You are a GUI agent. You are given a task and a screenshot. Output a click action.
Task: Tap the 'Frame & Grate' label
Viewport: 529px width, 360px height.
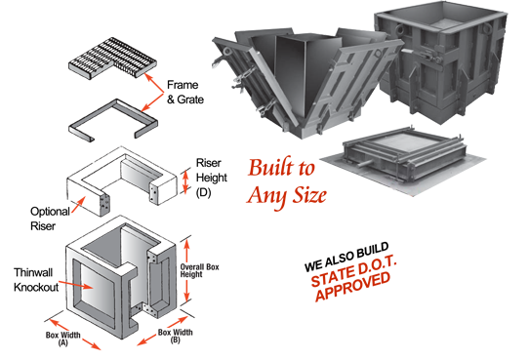(x=185, y=92)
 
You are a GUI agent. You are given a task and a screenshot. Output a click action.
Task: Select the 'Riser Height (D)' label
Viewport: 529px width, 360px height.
(x=212, y=178)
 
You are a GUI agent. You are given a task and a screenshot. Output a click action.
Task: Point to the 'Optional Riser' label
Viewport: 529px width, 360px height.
(x=50, y=219)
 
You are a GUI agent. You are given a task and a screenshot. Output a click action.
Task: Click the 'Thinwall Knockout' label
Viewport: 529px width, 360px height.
(x=36, y=280)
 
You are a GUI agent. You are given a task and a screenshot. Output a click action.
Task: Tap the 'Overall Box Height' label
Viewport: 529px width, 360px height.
(x=199, y=270)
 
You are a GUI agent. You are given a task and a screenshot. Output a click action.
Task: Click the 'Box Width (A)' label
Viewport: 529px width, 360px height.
(x=63, y=339)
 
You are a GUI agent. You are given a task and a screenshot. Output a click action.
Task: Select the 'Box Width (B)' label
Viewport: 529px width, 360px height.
(x=175, y=336)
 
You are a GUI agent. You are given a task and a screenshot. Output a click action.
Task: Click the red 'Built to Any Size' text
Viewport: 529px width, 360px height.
(x=286, y=182)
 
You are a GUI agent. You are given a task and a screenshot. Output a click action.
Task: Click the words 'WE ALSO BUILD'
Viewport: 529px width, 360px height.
(x=346, y=257)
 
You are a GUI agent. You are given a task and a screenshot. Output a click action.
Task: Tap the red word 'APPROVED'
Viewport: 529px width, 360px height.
(x=353, y=286)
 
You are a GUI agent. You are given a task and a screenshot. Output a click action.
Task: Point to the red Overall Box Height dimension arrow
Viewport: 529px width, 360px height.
(x=187, y=270)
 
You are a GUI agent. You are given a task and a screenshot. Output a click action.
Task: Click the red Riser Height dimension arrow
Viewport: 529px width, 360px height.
(x=185, y=182)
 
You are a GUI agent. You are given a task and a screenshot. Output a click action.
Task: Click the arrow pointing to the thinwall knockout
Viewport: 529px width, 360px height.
(x=76, y=285)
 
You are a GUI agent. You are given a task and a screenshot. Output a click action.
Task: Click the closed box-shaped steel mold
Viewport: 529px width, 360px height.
(x=442, y=60)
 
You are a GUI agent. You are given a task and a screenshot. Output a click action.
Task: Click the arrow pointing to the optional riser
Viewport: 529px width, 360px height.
(x=78, y=205)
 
